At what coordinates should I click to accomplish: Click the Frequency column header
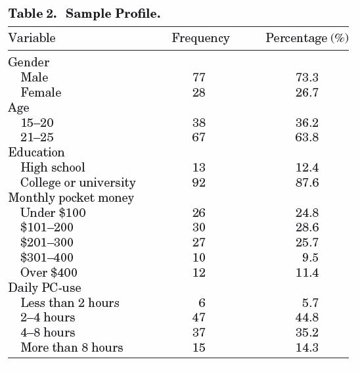coord(200,38)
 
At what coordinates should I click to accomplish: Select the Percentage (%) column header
coord(307,38)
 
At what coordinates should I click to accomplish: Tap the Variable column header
coord(32,38)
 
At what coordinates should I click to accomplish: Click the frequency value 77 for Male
coord(199,78)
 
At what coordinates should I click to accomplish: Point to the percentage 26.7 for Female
coord(307,93)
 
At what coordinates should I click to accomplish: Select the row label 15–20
coord(37,123)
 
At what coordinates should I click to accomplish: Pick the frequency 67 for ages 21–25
coord(199,137)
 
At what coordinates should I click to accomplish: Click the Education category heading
coord(37,152)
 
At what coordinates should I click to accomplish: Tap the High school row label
coord(53,168)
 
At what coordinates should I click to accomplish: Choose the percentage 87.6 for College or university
coord(307,183)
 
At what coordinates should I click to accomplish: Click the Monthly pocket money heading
coord(71,199)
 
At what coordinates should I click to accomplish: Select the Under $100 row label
coord(53,213)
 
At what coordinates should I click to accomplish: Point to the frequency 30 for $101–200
coord(199,227)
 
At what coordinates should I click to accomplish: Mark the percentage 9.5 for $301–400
coord(311,258)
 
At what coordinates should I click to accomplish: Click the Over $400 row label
coord(49,273)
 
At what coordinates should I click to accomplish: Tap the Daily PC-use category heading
coord(45,288)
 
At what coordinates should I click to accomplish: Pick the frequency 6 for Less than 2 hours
coord(202,303)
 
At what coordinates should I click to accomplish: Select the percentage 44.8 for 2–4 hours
coord(307,317)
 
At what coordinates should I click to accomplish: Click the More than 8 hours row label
coord(72,348)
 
